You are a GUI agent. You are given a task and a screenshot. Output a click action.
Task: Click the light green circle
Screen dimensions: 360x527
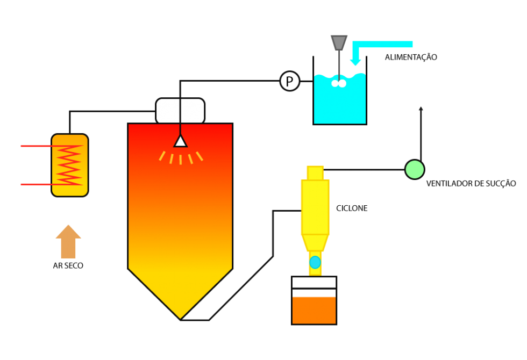(x=415, y=169)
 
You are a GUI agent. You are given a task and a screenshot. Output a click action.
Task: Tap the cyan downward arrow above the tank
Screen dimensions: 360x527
(x=355, y=59)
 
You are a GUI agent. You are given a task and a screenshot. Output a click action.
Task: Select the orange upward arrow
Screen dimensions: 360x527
(x=68, y=241)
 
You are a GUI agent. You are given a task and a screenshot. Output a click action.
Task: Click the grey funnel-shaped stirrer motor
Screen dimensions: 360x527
(x=339, y=42)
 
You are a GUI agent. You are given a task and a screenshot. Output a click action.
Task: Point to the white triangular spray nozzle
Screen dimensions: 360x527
(x=181, y=141)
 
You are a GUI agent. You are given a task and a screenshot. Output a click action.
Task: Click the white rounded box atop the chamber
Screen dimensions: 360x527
(x=180, y=111)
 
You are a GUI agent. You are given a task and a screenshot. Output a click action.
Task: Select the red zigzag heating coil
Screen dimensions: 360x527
(x=69, y=165)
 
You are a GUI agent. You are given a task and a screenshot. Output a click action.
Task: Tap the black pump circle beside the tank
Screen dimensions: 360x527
(x=290, y=81)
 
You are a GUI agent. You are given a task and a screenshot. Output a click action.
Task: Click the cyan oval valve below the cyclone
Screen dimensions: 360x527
(x=315, y=262)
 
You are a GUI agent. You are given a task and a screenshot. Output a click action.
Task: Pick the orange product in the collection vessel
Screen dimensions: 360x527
(x=314, y=310)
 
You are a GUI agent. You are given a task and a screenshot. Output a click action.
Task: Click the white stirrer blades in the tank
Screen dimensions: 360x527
(x=339, y=83)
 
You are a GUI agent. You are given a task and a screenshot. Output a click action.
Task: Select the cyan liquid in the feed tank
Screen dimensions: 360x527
(x=340, y=105)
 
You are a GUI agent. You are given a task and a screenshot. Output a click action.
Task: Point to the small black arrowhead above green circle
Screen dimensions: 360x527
(x=421, y=108)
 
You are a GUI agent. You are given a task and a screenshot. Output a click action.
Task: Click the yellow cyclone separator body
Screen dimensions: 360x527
(x=315, y=207)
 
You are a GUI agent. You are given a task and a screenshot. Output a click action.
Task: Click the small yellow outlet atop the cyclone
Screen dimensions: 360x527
(x=315, y=172)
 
